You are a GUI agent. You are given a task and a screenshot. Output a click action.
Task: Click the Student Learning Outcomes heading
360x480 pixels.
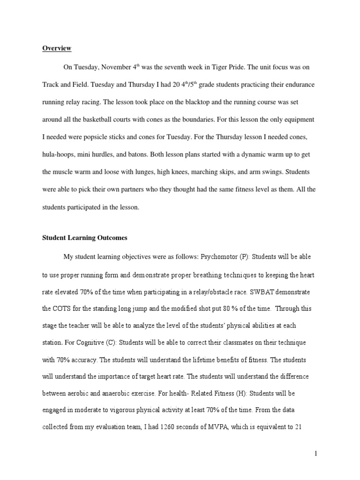coord(84,238)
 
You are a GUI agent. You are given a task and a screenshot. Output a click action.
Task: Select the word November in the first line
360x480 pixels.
coord(115,67)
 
